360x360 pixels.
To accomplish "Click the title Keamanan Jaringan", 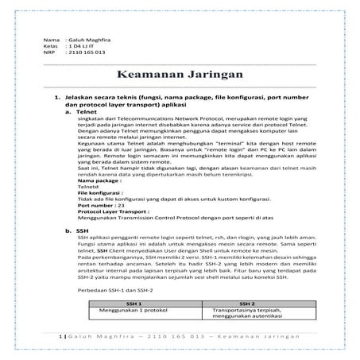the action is point(180,75).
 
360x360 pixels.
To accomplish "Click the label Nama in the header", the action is point(51,39).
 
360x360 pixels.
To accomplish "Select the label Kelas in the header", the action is point(52,46).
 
